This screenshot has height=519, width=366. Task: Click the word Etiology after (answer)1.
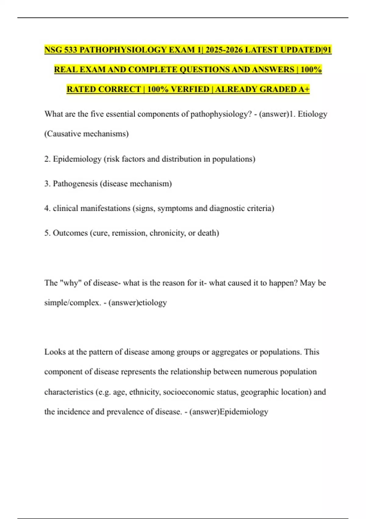(312, 114)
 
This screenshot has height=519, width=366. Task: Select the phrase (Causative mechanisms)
(86, 134)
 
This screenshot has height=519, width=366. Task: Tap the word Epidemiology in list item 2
(77, 159)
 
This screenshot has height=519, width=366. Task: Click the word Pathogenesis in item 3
(75, 183)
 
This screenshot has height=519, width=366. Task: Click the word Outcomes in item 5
(70, 233)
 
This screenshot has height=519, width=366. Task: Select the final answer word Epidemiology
(244, 412)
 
